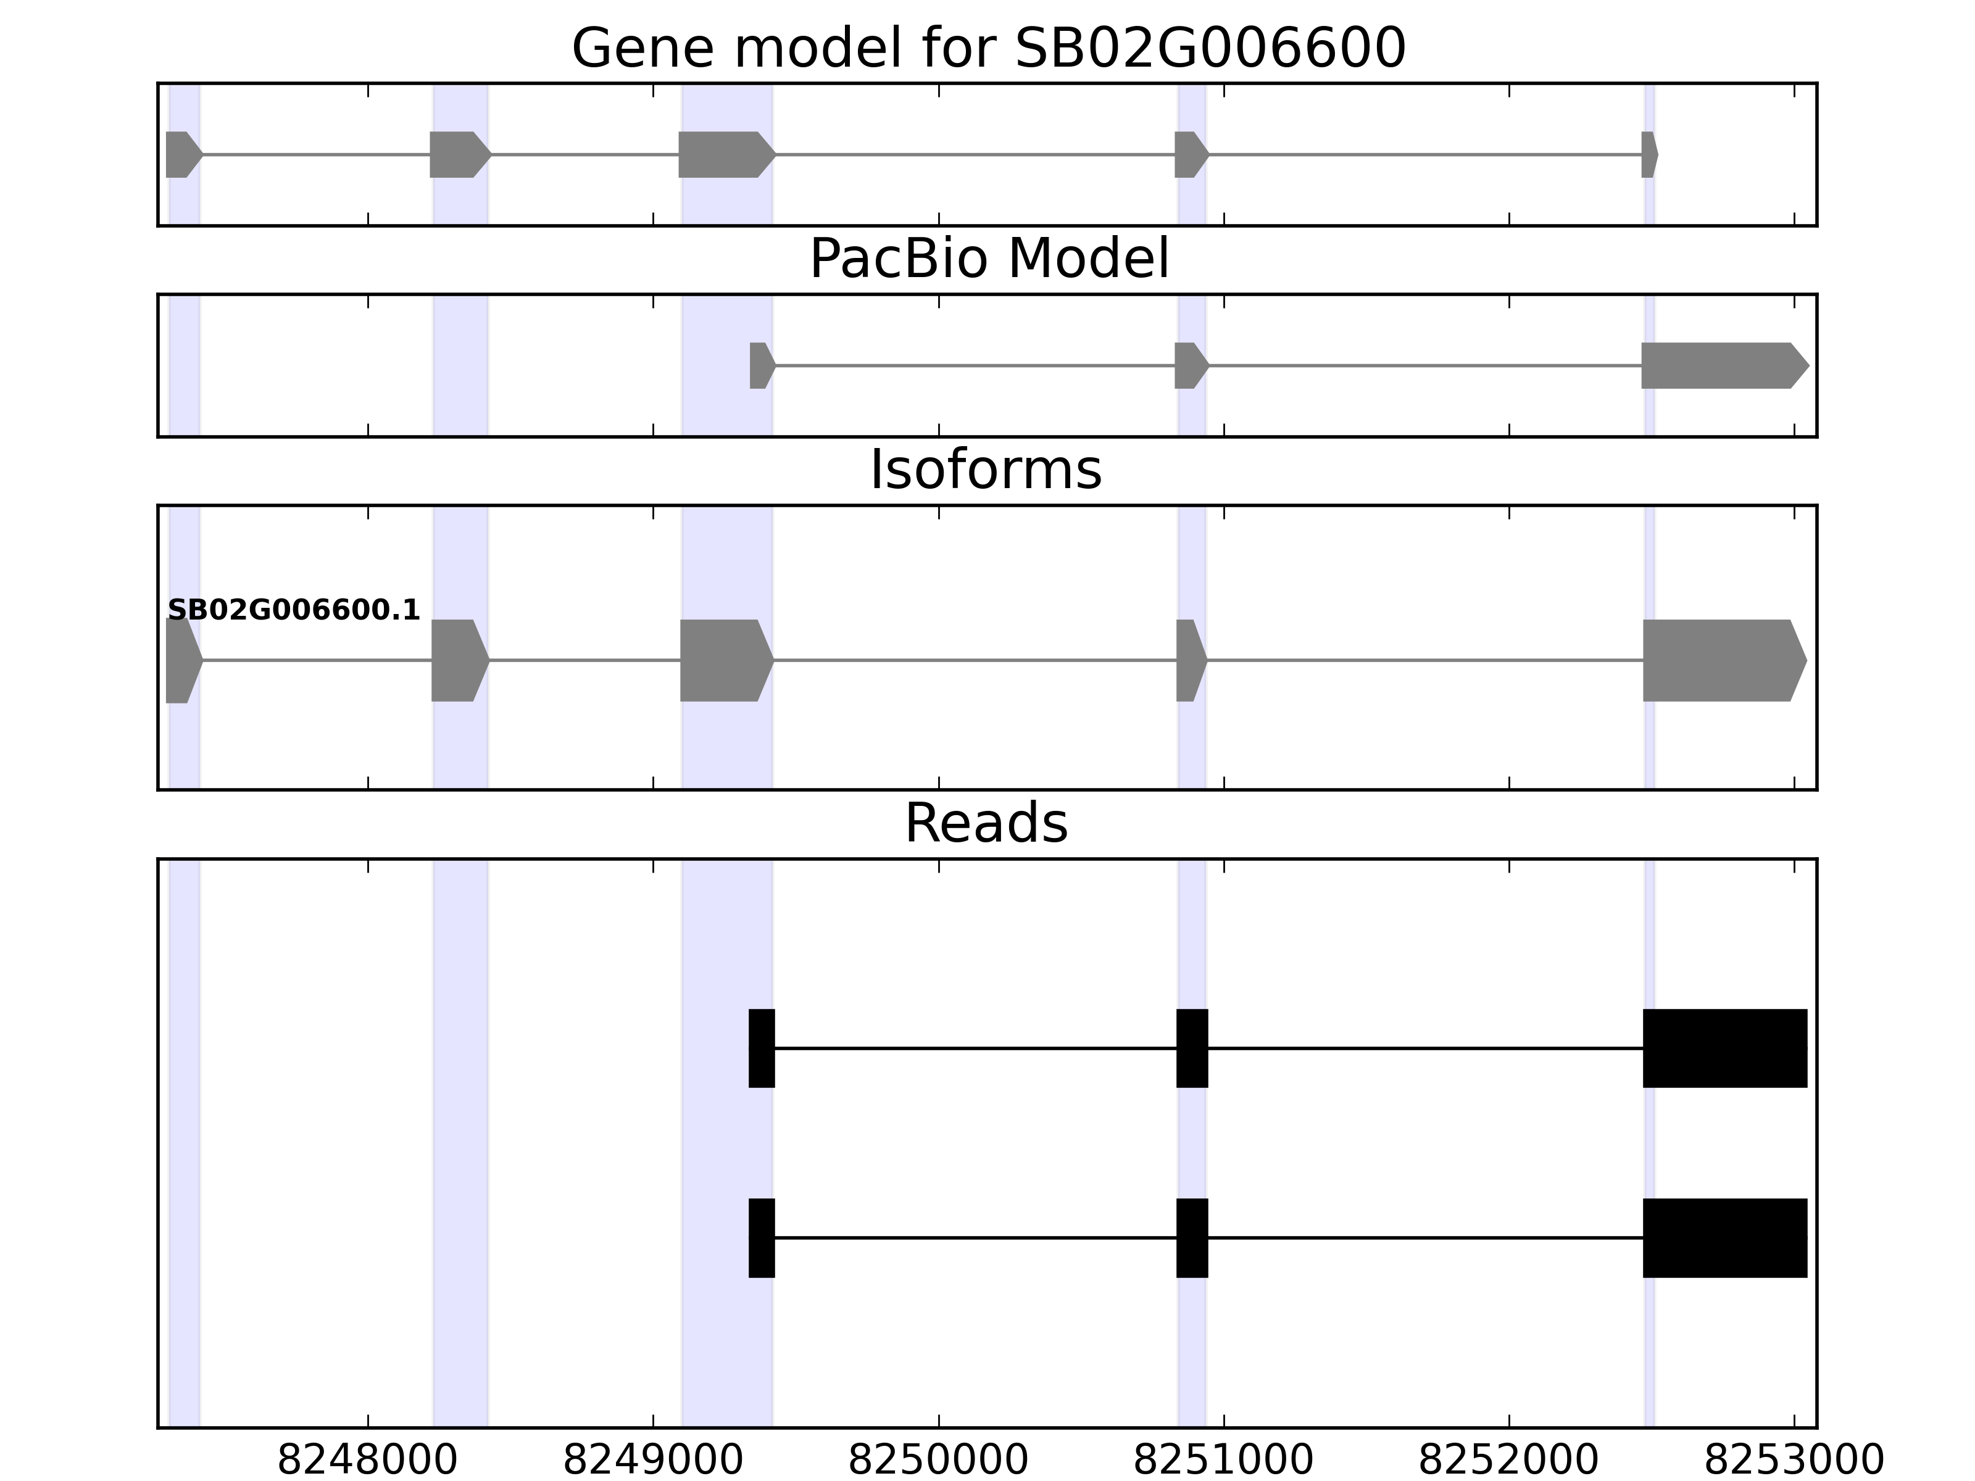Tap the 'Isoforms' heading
pos(986,470)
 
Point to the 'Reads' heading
pos(986,823)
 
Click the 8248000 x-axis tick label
pos(367,1461)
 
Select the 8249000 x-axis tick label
pos(653,1461)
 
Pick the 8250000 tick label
pos(938,1461)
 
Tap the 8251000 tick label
pos(1223,1461)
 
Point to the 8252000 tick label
pos(1508,1461)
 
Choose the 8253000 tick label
pos(1794,1461)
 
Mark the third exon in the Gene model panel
pos(723,154)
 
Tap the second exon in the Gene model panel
pos(457,154)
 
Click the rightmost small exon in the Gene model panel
pos(1649,154)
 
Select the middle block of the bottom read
pos(1192,1237)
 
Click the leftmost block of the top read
pos(762,1048)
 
